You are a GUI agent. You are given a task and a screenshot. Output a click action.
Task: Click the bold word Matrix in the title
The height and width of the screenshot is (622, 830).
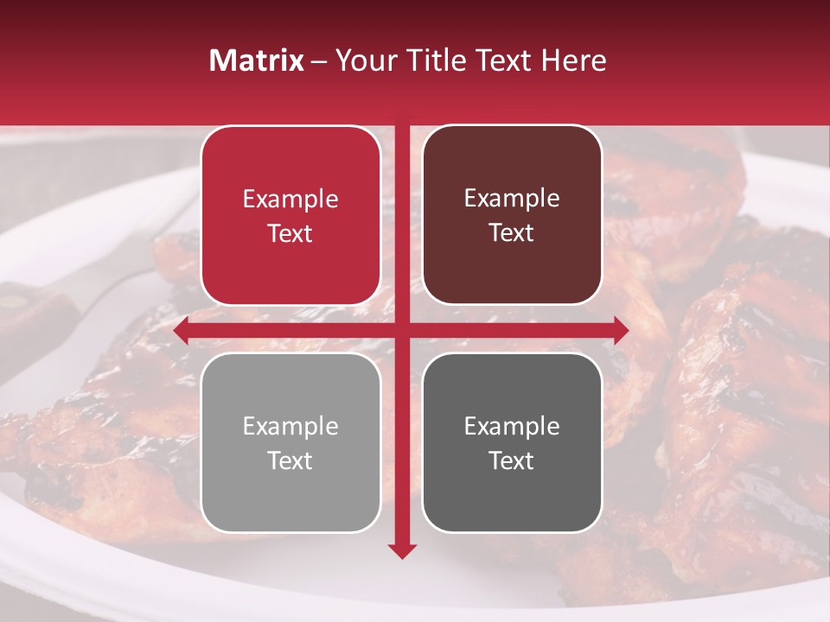(x=257, y=60)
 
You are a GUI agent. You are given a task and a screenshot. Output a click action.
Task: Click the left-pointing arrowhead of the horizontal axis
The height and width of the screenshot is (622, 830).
(x=182, y=330)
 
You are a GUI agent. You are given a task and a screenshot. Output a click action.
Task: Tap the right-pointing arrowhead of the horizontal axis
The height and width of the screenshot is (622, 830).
(x=620, y=330)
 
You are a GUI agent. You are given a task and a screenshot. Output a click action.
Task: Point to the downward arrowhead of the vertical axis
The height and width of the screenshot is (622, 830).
(x=402, y=549)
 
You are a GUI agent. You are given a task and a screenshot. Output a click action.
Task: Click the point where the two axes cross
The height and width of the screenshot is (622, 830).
(x=402, y=330)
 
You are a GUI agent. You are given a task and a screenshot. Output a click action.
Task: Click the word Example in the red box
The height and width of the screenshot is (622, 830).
(x=290, y=200)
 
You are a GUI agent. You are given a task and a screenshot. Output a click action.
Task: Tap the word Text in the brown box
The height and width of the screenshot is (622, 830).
(x=512, y=233)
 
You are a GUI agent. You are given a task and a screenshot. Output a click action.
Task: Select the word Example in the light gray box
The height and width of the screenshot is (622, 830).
(x=290, y=427)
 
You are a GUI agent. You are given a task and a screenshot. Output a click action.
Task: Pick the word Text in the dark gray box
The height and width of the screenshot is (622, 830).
(x=512, y=460)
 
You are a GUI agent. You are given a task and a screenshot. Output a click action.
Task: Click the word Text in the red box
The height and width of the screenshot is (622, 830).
(x=290, y=234)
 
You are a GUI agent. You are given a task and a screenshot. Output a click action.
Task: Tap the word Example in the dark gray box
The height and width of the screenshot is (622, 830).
(x=512, y=427)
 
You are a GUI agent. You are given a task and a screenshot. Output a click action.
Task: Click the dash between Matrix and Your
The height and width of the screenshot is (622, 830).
(x=319, y=61)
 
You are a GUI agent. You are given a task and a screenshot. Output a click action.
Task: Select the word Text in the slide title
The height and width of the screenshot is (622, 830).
(x=508, y=60)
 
